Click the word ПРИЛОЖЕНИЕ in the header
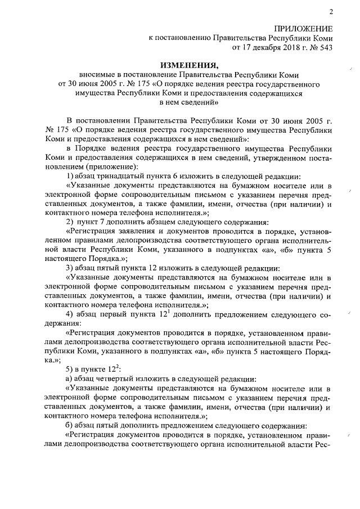pos(303,28)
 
